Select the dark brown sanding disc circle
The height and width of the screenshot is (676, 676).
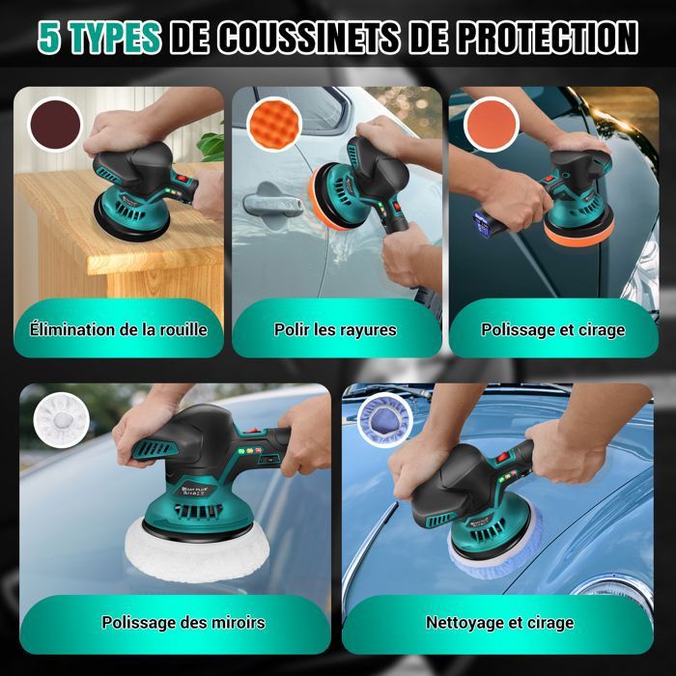(55, 125)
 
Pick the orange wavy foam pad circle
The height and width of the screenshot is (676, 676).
(274, 125)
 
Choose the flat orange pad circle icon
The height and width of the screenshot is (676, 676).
(492, 125)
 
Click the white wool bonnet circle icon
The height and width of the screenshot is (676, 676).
(62, 419)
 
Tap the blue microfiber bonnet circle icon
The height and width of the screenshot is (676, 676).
(385, 419)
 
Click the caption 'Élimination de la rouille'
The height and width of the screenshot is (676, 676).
(118, 330)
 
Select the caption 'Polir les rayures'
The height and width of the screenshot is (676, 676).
(335, 330)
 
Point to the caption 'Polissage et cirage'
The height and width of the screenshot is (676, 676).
(553, 330)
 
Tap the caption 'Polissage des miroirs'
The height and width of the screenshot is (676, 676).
(183, 623)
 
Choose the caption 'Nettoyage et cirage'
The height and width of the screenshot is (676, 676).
(499, 623)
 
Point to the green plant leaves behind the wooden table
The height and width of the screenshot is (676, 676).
(211, 146)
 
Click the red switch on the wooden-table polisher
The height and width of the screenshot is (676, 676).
(183, 178)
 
